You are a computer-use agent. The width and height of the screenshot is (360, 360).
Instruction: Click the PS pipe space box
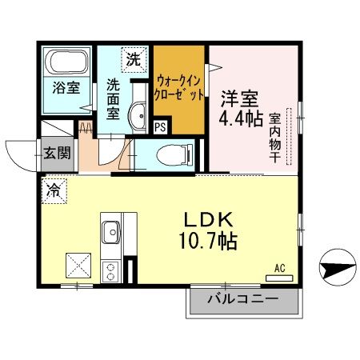pos(160,125)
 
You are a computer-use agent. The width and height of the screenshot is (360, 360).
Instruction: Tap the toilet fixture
pos(169,153)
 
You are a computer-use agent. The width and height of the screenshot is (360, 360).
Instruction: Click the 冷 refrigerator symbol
pos(54,190)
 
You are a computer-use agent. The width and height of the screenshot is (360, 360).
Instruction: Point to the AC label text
pos(279,269)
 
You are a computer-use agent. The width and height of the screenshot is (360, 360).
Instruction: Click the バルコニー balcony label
pos(243,300)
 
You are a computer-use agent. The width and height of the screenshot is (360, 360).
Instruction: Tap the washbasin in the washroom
pos(138,116)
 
